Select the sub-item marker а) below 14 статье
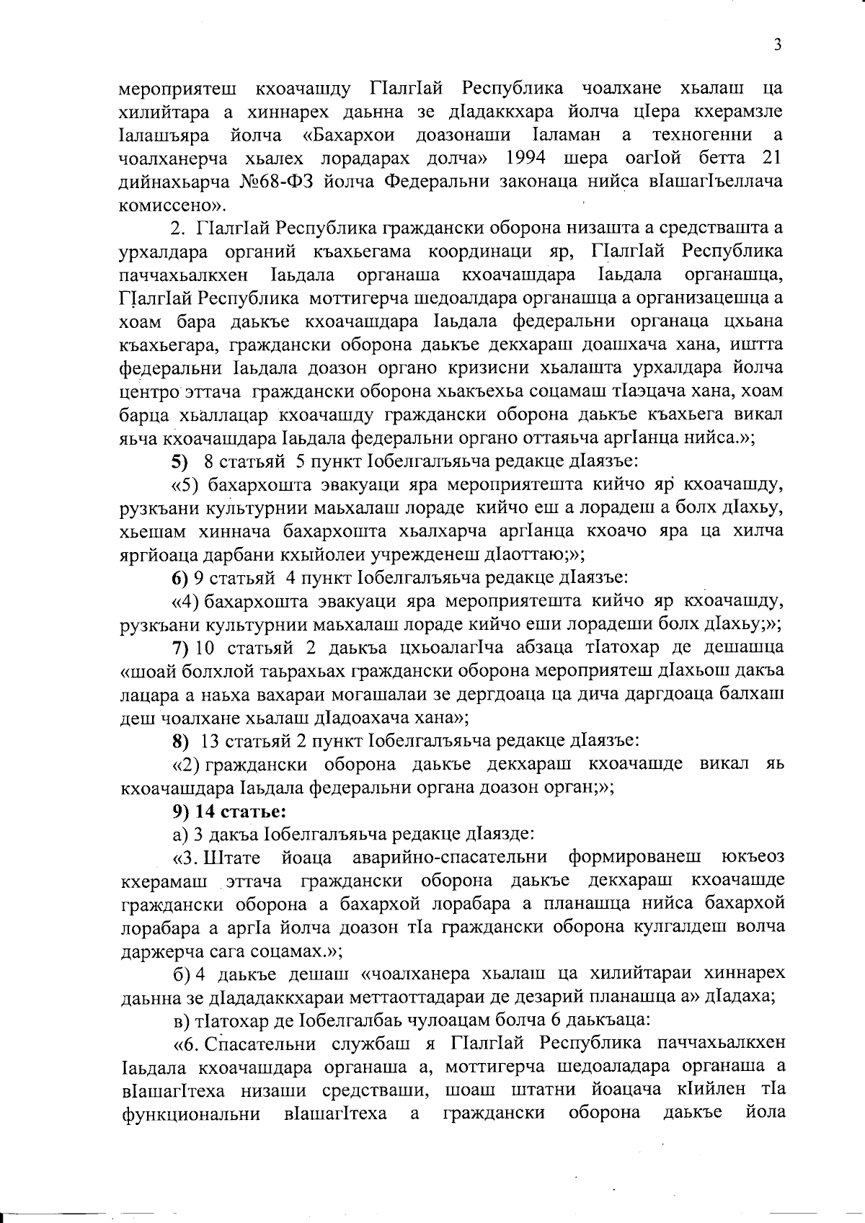179,835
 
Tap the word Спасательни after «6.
264,1044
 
